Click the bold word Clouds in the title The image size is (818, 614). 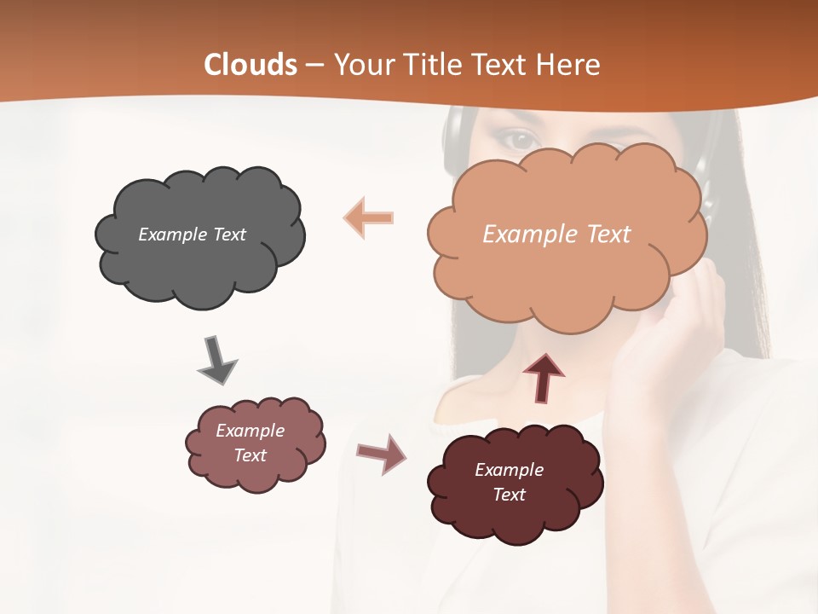click(251, 65)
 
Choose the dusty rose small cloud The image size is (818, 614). click(255, 443)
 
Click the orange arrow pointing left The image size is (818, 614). click(369, 217)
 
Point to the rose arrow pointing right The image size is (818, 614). click(382, 453)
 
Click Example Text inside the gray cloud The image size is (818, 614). click(192, 235)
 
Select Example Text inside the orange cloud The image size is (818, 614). click(556, 235)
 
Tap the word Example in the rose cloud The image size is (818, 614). click(250, 431)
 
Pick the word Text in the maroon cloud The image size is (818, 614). click(510, 495)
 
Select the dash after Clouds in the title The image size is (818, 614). click(314, 65)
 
